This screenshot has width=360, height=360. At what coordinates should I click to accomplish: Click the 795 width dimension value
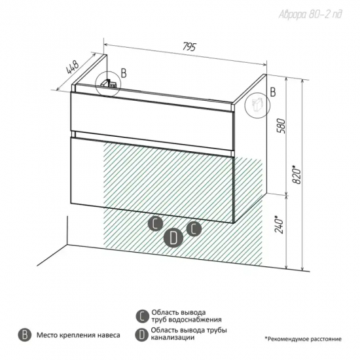(x=189, y=46)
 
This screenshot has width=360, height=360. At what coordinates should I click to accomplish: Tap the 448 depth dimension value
(x=73, y=67)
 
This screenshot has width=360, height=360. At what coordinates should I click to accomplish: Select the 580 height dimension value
(x=281, y=126)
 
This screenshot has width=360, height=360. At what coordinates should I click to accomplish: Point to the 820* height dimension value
(x=297, y=174)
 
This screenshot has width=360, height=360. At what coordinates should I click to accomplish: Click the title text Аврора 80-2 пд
(x=310, y=14)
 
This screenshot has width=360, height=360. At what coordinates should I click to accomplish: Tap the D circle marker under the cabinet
(x=173, y=238)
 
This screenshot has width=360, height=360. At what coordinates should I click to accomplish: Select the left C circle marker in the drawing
(x=155, y=223)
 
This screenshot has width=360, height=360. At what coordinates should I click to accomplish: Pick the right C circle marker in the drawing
(x=194, y=229)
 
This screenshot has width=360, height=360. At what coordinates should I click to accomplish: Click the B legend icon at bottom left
(x=25, y=334)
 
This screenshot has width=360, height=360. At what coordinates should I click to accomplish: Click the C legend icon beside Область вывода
(x=142, y=316)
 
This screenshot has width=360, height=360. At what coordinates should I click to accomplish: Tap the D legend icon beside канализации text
(x=141, y=334)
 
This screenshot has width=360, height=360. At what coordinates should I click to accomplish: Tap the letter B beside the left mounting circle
(x=124, y=73)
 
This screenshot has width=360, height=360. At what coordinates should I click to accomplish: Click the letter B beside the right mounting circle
(x=273, y=92)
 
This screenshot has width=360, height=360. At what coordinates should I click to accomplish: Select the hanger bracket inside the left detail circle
(x=109, y=84)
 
